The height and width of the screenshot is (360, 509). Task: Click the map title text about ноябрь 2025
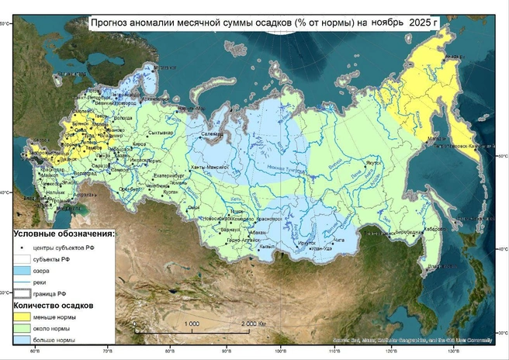point(264,22)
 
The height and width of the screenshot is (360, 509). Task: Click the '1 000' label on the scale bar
point(192,323)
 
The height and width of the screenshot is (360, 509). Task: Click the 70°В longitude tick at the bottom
point(107,353)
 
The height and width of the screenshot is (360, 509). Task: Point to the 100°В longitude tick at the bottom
point(280,353)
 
